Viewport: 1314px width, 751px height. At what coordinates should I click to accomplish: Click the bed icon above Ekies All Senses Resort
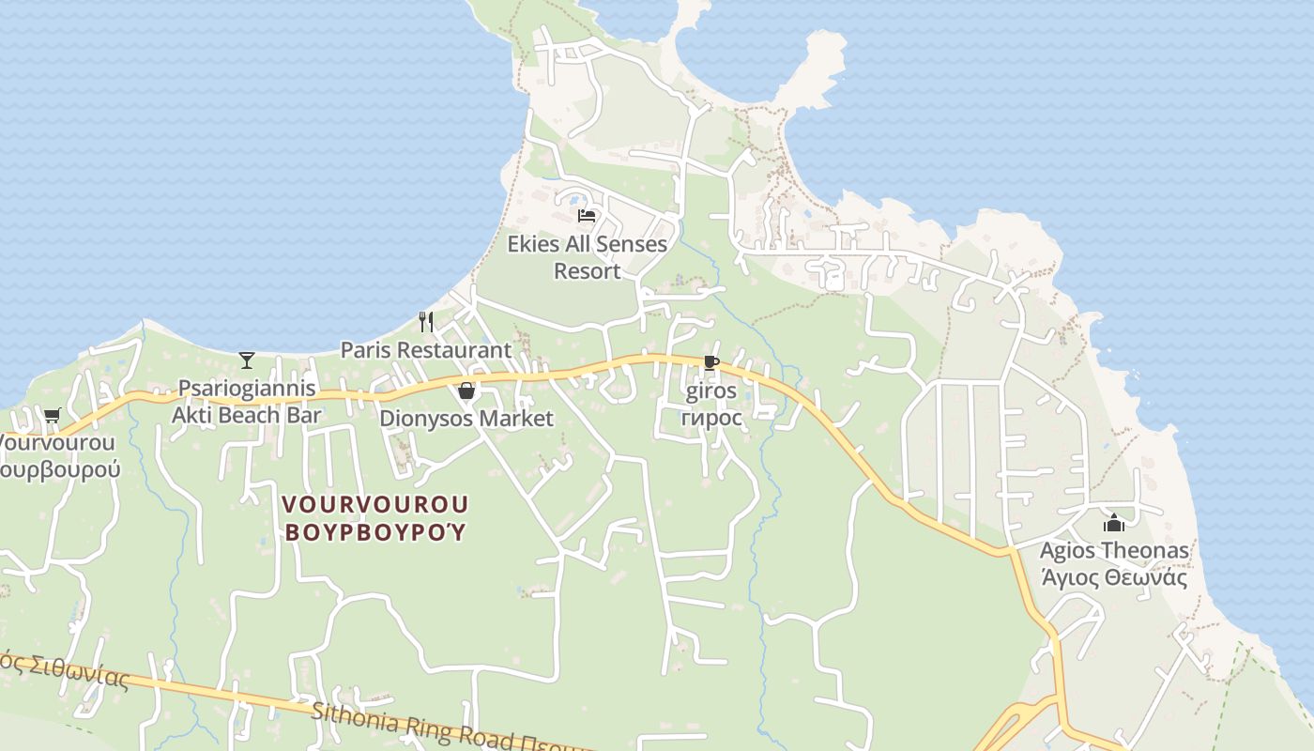pos(587,216)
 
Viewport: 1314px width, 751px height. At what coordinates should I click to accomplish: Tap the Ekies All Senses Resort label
pos(588,257)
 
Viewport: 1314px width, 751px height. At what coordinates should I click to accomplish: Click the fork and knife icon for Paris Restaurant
pos(426,322)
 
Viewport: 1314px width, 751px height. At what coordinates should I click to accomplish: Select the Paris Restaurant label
pos(426,350)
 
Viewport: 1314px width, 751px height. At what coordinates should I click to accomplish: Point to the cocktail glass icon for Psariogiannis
pos(247,360)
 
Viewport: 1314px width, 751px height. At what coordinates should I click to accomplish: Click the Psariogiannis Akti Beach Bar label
pos(247,402)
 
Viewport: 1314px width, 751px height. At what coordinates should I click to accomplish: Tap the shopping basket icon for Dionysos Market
pos(466,391)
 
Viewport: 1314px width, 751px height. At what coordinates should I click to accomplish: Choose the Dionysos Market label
pos(466,419)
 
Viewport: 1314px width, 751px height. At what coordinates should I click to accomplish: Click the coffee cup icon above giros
pos(710,362)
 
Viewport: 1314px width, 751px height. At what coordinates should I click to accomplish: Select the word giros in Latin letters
pos(711,391)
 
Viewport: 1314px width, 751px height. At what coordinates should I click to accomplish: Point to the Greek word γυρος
pos(711,418)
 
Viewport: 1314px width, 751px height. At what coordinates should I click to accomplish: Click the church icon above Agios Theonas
pos(1114,523)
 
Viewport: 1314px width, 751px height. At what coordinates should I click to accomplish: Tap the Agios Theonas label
pos(1114,550)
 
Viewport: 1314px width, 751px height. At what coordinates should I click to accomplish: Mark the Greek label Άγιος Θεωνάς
pos(1114,577)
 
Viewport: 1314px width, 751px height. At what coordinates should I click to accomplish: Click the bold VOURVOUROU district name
pos(375,505)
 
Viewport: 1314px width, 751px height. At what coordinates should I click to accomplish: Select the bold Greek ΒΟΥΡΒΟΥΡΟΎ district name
pos(375,532)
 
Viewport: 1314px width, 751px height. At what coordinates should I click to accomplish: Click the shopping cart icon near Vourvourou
pos(52,415)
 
